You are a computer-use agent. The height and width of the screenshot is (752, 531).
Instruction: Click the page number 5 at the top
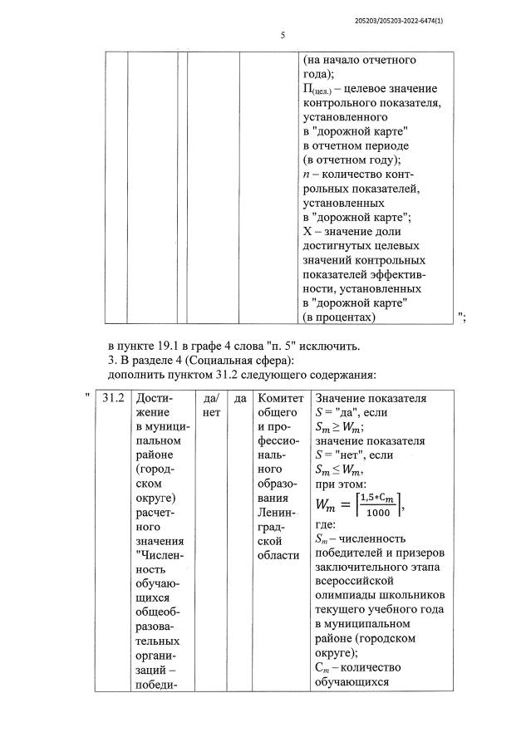tap(283, 35)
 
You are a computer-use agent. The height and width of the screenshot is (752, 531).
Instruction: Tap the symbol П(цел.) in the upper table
tap(318, 89)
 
